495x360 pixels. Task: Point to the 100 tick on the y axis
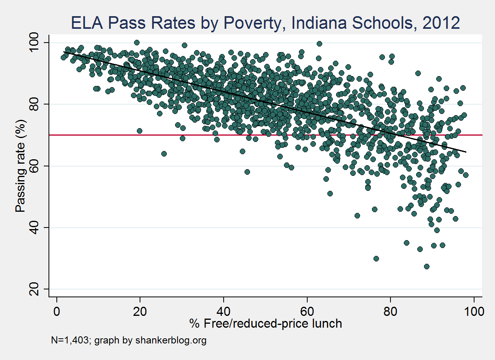39,43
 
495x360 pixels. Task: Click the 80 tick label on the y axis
39,104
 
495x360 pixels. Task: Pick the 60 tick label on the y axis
39,166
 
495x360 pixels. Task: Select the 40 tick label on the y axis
39,228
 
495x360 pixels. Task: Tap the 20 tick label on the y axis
39,289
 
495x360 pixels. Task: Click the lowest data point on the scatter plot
426,267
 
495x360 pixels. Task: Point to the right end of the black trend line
466,152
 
